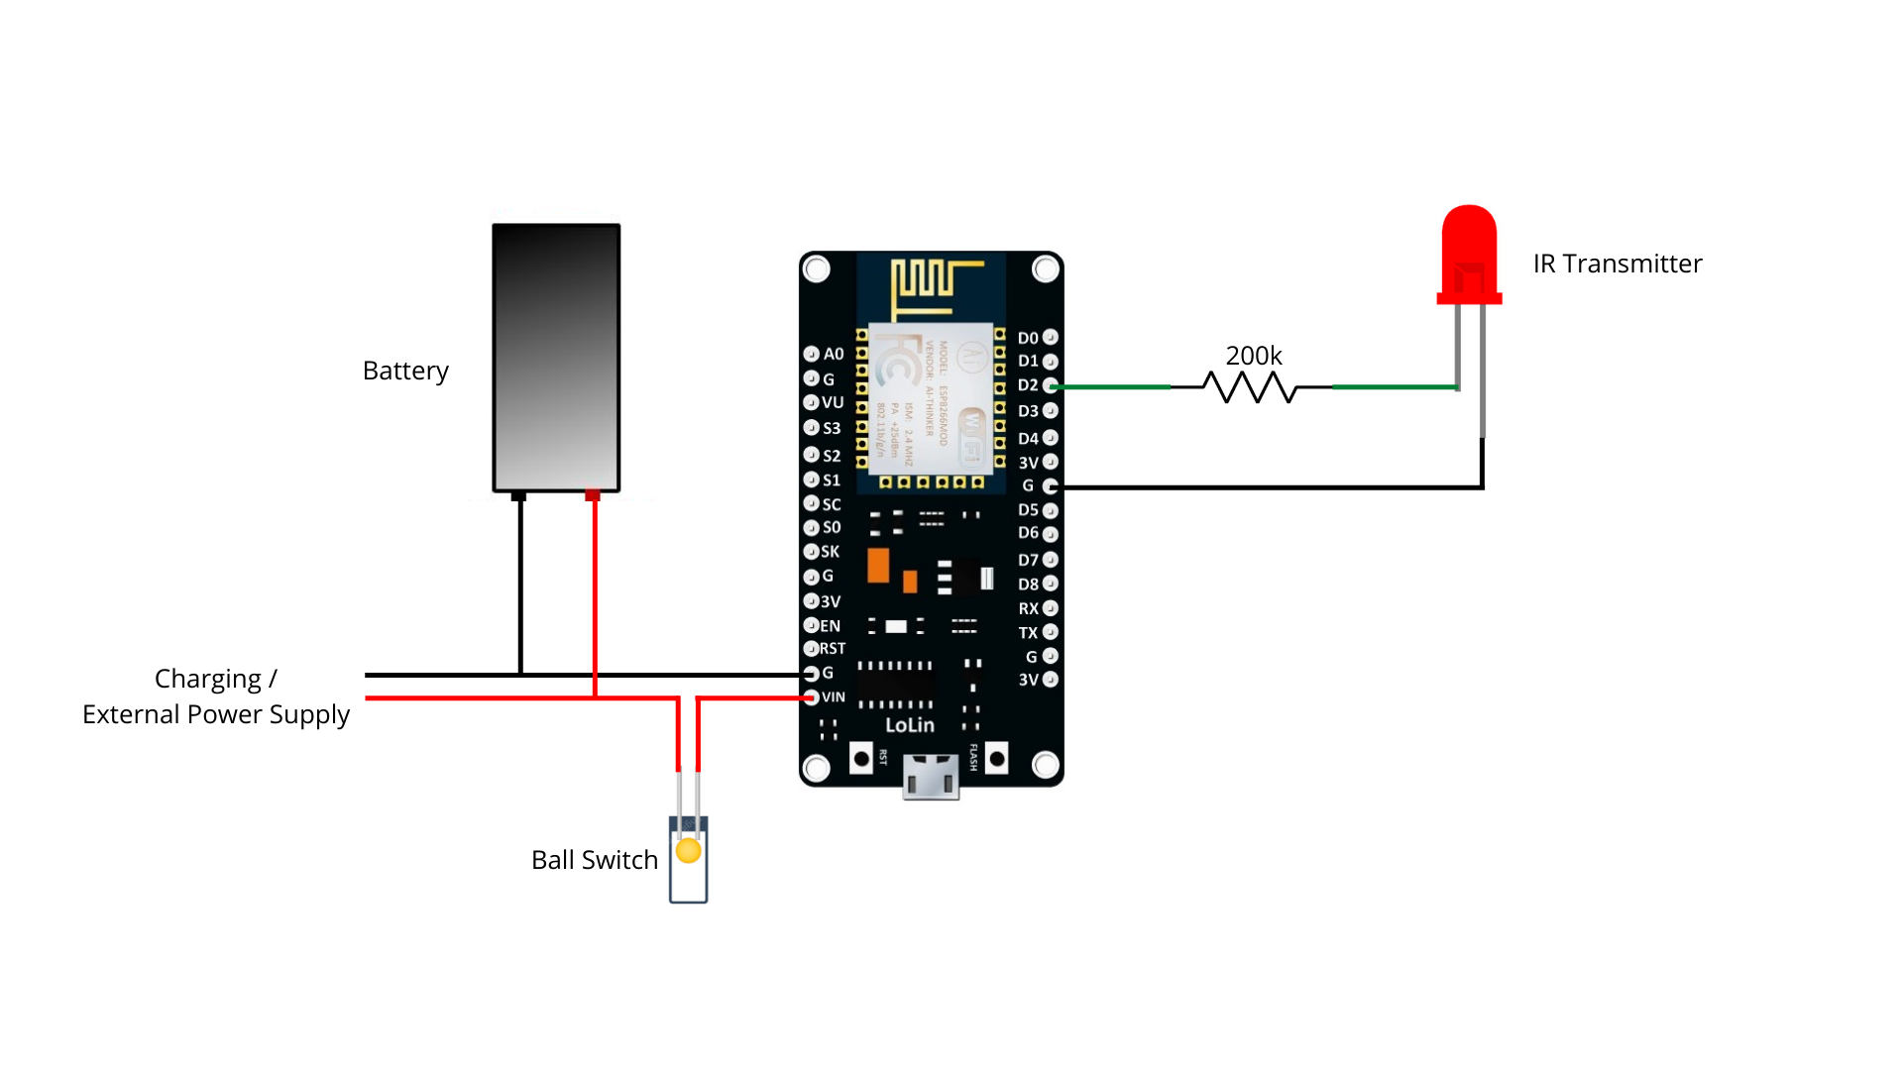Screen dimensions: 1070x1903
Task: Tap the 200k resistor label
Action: pyautogui.click(x=1253, y=356)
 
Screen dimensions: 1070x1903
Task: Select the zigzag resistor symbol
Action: pyautogui.click(x=1251, y=387)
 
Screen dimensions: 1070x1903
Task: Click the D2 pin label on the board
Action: pyautogui.click(x=1028, y=385)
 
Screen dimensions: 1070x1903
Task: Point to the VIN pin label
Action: pyautogui.click(x=834, y=697)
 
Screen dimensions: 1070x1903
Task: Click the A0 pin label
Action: pyautogui.click(x=834, y=355)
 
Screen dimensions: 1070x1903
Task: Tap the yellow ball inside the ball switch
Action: pyautogui.click(x=688, y=851)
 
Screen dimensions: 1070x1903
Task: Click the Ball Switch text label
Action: pyautogui.click(x=594, y=860)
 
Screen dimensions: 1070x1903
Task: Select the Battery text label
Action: pyautogui.click(x=405, y=371)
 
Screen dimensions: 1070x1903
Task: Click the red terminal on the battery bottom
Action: pyautogui.click(x=593, y=494)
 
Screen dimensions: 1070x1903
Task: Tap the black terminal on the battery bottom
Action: pyautogui.click(x=518, y=495)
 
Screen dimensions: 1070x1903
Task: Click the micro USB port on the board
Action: pyautogui.click(x=931, y=777)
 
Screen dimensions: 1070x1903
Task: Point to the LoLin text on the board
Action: pyautogui.click(x=909, y=725)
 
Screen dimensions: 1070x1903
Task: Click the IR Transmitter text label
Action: pyautogui.click(x=1617, y=264)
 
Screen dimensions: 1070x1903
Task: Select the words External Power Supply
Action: pyautogui.click(x=216, y=714)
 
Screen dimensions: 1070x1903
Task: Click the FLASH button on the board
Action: pyautogui.click(x=997, y=759)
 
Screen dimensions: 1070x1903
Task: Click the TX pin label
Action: pyautogui.click(x=1028, y=633)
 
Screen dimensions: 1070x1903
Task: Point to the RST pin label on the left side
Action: pyautogui.click(x=832, y=649)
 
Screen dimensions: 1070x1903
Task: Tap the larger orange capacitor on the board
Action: pyautogui.click(x=878, y=566)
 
